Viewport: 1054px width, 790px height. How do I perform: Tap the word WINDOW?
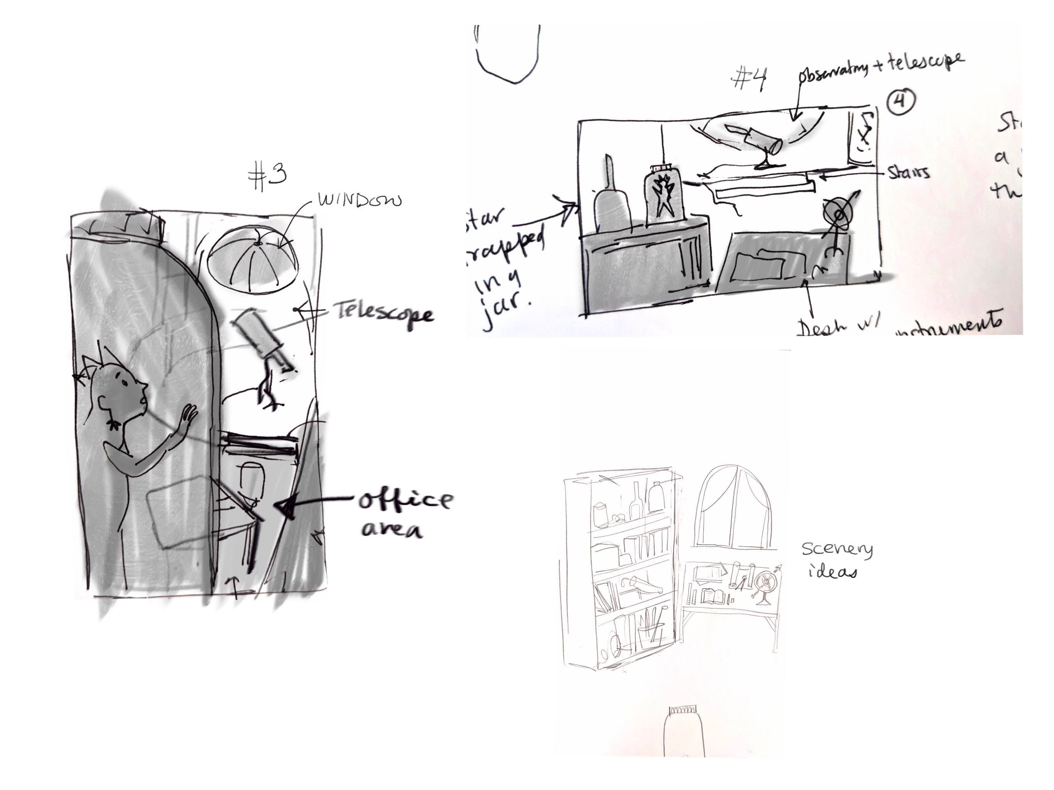[x=360, y=200]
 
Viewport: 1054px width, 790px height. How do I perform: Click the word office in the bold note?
[x=405, y=500]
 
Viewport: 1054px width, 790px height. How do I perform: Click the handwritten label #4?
[x=750, y=79]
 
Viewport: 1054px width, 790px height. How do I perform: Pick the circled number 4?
[x=900, y=102]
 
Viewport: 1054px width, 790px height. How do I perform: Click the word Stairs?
[x=909, y=172]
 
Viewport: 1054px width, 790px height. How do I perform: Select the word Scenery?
[x=837, y=549]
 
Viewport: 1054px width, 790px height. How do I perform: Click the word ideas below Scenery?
[x=833, y=572]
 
